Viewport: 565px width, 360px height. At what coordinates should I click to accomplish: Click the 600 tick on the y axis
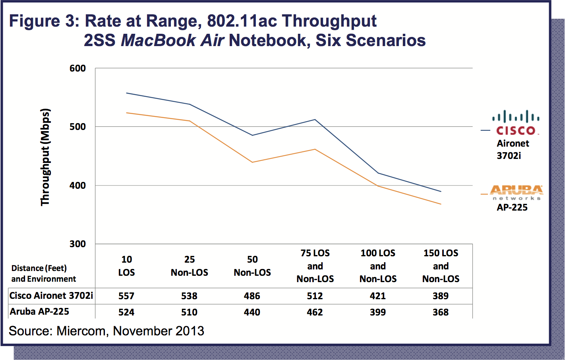78,68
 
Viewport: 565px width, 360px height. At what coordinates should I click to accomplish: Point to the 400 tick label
78,186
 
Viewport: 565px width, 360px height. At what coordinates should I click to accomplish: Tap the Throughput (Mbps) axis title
46,157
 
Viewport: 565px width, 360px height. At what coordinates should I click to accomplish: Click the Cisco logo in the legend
516,122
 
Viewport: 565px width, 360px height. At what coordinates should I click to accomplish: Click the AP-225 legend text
512,207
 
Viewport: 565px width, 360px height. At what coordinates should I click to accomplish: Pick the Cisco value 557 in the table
126,296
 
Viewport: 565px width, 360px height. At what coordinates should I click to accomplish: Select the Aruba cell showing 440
252,312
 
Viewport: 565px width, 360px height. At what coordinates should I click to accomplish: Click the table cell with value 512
315,296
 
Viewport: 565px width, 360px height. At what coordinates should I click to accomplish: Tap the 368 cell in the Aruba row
441,312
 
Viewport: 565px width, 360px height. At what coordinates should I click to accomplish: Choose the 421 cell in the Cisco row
377,296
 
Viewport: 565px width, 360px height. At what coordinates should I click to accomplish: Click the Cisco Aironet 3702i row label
51,295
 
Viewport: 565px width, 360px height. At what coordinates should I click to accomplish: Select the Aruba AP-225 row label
39,312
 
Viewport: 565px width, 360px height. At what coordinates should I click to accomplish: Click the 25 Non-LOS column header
190,266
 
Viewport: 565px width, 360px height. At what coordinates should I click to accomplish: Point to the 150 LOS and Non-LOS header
441,266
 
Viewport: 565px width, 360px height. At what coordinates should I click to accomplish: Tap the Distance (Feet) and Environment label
43,273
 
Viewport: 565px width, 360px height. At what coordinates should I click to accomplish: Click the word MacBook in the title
158,41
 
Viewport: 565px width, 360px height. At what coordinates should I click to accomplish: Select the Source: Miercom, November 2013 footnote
106,331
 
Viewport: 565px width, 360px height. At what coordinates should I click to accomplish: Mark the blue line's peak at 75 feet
315,119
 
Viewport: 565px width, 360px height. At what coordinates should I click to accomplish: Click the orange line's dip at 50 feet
252,162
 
